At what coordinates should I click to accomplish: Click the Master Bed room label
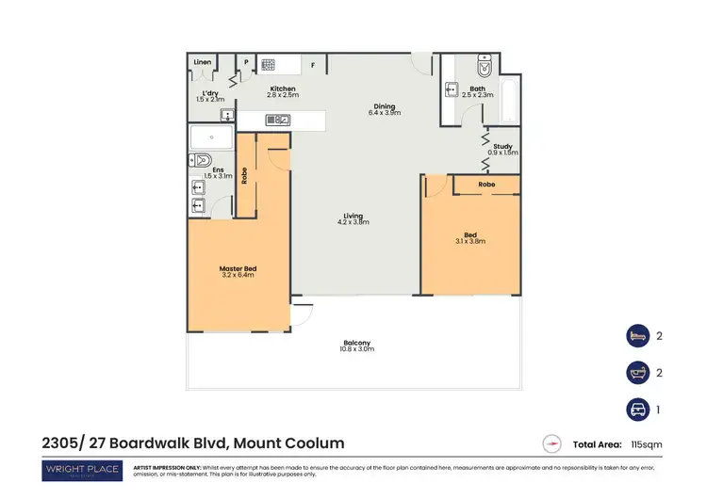[x=238, y=269]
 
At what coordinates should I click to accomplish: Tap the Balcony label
[x=356, y=342]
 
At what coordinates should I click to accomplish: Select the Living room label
[x=353, y=217]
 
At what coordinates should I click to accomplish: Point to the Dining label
[x=384, y=106]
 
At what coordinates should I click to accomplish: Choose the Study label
[x=502, y=146]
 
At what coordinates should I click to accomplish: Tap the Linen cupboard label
[x=202, y=63]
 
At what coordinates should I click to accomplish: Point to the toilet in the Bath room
[x=485, y=67]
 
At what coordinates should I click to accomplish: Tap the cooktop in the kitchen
[x=267, y=65]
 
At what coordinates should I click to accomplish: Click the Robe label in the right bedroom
[x=486, y=185]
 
